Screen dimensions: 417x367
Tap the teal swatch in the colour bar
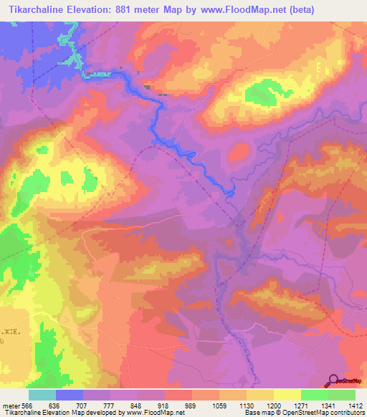click(x=42, y=394)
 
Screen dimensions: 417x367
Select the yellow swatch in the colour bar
click(x=287, y=394)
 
